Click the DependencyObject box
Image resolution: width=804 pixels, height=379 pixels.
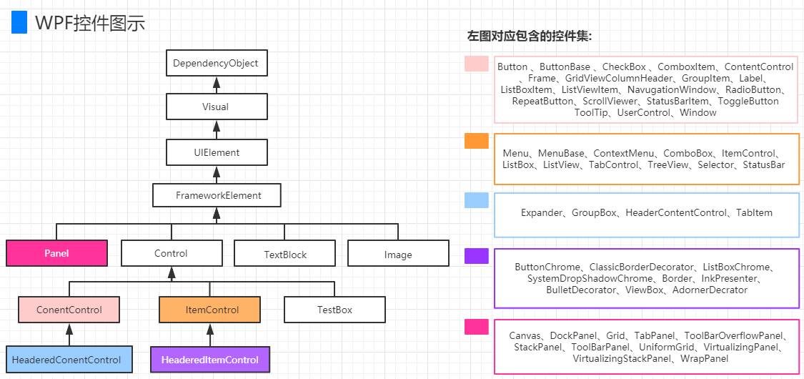216,63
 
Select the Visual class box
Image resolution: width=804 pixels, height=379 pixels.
216,107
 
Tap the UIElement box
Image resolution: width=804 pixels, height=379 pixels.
216,152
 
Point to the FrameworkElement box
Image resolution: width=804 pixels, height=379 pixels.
217,195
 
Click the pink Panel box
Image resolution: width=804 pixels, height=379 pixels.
57,253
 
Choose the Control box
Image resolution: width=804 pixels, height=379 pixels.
171,253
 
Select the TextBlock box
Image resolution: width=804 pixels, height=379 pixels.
285,254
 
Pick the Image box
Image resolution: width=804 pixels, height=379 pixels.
398,254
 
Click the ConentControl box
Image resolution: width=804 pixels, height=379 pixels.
69,310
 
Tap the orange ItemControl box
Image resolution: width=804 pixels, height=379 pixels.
209,310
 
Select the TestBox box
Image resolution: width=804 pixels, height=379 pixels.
334,310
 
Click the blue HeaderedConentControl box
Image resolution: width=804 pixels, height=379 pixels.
66,360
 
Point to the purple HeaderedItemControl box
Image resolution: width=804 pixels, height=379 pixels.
210,360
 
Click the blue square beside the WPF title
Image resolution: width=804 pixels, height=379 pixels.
19,23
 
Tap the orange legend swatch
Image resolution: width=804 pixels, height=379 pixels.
476,141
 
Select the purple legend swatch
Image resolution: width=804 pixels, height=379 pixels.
476,256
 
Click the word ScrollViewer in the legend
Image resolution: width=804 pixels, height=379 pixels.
607,102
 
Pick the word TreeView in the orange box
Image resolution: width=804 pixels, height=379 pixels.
669,165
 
